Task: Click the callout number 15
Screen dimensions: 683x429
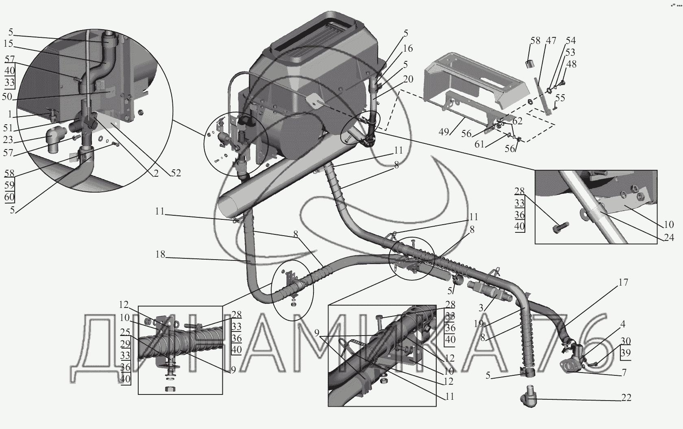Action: tap(8, 44)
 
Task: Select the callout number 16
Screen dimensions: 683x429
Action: tap(408, 49)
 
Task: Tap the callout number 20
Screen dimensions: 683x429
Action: tap(408, 79)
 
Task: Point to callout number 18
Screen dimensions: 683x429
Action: tap(161, 255)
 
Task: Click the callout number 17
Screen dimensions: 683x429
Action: tap(623, 282)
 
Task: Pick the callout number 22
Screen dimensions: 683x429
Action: tap(626, 398)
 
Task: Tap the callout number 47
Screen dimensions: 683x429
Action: tap(551, 41)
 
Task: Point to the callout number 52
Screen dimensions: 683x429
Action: tap(176, 173)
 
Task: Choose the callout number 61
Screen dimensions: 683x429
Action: tap(480, 144)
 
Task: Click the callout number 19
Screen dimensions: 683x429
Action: tap(479, 324)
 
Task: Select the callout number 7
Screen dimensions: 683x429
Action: tap(624, 373)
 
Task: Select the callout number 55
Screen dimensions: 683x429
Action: tap(560, 98)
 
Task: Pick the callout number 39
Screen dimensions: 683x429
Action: tap(626, 353)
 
